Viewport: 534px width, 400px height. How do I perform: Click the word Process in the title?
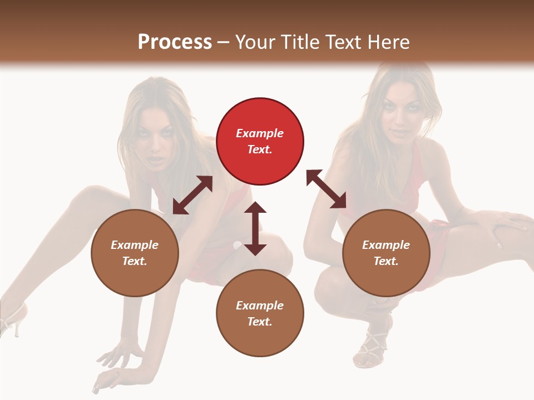point(175,42)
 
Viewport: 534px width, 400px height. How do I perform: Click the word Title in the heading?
point(300,42)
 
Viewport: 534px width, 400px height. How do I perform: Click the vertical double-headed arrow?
point(255,228)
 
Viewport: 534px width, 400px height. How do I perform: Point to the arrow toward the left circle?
point(192,195)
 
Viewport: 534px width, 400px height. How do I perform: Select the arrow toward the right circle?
point(326,189)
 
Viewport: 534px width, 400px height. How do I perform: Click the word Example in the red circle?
point(260,133)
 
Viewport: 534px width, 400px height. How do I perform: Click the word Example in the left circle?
point(135,245)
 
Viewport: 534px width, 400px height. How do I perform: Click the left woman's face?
point(159,142)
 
